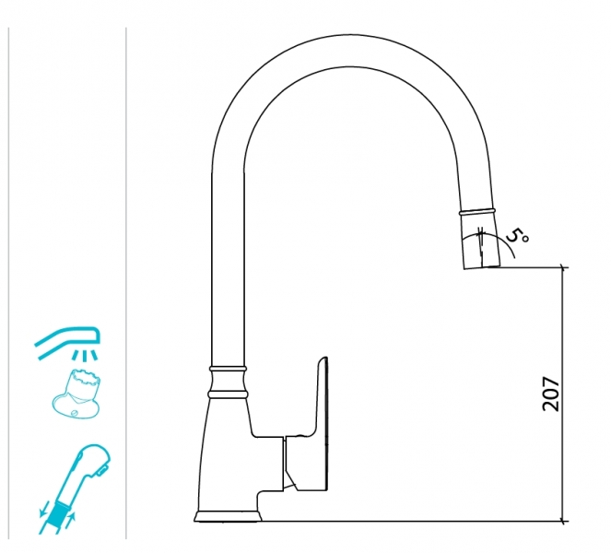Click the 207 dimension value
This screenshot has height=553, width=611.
550,394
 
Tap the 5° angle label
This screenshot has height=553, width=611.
518,236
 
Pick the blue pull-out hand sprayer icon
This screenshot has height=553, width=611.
75,488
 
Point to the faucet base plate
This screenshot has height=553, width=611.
229,516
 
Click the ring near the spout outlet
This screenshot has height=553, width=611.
477,212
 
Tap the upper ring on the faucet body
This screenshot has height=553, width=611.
228,369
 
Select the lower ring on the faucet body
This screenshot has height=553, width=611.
228,394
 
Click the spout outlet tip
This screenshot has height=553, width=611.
482,266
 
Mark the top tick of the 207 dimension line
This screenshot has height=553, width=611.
562,267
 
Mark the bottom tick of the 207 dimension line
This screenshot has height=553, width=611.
562,521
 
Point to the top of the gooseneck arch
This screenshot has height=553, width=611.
349,35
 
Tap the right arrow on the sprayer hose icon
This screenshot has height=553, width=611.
72,519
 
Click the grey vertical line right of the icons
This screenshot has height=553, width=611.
126,283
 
